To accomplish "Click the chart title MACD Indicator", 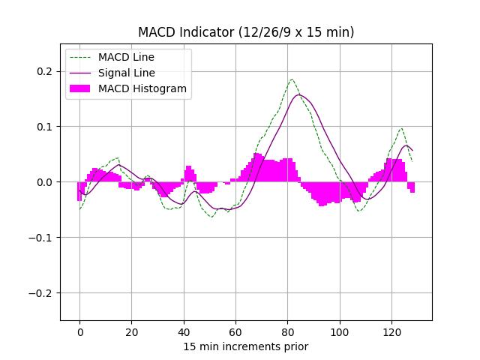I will tap(246, 32).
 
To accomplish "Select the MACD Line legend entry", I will tap(126, 57).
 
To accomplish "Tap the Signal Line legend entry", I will tap(126, 73).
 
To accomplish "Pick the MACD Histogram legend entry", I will tap(142, 88).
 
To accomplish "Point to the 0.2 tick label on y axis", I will tap(45, 71).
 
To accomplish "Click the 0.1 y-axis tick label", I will tap(45, 127).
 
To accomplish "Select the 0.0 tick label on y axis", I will tap(45, 182).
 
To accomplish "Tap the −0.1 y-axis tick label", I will tap(42, 238).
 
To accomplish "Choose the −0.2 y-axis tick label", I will tap(42, 293).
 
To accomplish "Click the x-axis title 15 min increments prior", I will tap(246, 346).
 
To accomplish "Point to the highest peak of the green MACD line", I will tap(292, 79).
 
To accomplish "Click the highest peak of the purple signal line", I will tap(299, 94).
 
